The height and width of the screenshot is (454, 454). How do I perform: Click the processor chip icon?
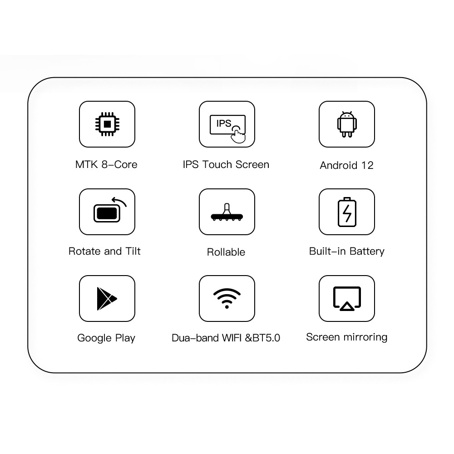click(x=107, y=124)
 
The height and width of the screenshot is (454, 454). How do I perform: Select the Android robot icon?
click(x=347, y=124)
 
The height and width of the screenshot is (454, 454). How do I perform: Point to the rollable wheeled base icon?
click(x=227, y=212)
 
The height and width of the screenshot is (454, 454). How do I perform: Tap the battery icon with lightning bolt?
click(x=347, y=212)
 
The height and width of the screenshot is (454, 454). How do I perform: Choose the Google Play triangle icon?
click(x=107, y=299)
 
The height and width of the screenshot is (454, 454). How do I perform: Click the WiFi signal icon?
click(x=227, y=298)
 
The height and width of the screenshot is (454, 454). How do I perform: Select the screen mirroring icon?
click(x=347, y=299)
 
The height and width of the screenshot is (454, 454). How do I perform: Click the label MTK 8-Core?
click(x=106, y=164)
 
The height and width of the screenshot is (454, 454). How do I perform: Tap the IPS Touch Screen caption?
click(x=226, y=164)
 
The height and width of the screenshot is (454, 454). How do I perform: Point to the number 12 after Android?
click(x=367, y=165)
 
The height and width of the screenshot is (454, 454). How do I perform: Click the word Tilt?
click(x=133, y=251)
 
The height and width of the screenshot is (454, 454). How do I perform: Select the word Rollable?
click(x=226, y=252)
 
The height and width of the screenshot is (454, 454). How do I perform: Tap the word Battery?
click(x=367, y=252)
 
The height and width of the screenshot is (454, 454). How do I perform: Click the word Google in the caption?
click(x=94, y=338)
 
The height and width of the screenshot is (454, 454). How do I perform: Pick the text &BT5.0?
click(x=262, y=338)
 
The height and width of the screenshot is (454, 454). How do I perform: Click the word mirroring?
click(x=365, y=337)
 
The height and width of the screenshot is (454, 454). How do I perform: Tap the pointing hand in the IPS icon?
click(x=238, y=135)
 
